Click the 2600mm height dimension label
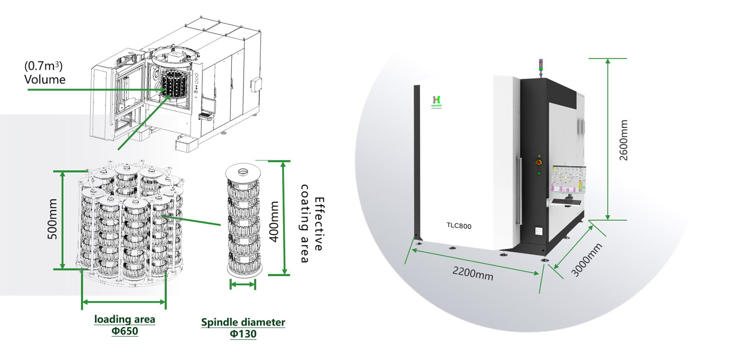click(x=624, y=140)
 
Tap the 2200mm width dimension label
click(x=473, y=273)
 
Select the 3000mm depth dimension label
click(x=586, y=260)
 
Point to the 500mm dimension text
click(x=53, y=219)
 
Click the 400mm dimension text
click(x=274, y=221)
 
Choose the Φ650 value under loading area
click(x=125, y=331)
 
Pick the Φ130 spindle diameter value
click(x=243, y=334)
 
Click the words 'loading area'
click(x=125, y=319)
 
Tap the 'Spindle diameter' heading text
click(x=243, y=322)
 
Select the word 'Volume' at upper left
click(x=45, y=80)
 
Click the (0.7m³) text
click(x=44, y=66)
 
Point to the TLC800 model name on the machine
click(x=459, y=226)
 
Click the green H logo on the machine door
click(x=436, y=100)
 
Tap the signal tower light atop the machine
click(x=541, y=66)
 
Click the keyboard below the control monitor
click(x=566, y=202)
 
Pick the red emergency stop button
click(x=539, y=162)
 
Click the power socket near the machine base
click(x=539, y=231)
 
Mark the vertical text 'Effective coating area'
click(x=312, y=224)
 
